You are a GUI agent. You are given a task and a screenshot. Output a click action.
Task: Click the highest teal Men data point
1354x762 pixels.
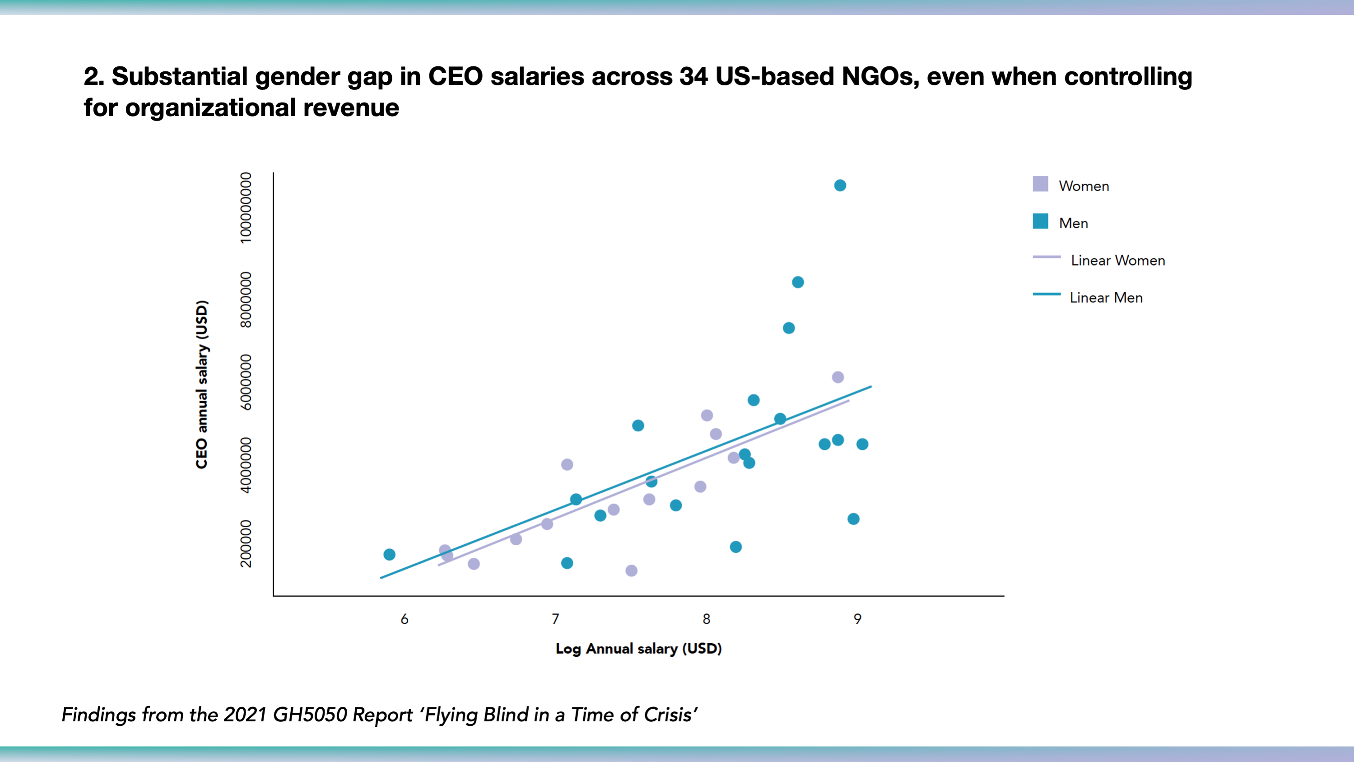click(x=840, y=186)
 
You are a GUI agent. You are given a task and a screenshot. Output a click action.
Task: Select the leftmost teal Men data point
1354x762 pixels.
click(x=390, y=554)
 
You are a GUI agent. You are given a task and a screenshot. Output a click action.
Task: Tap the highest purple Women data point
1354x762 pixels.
click(x=838, y=377)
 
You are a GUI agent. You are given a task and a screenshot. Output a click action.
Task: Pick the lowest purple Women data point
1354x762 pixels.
click(x=631, y=570)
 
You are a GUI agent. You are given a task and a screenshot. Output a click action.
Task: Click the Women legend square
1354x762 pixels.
click(x=1040, y=184)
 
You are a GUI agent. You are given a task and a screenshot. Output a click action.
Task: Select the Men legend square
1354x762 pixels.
click(x=1040, y=221)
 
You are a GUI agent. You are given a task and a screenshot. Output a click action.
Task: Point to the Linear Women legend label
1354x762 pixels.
click(x=1117, y=260)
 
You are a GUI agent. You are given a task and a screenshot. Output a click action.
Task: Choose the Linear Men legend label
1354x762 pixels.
click(x=1106, y=298)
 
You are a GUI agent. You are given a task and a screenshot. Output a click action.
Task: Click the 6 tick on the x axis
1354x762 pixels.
click(x=404, y=619)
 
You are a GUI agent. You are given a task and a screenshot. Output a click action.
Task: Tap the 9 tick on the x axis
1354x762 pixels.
click(x=857, y=619)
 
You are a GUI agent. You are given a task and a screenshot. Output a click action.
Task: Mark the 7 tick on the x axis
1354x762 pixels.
click(x=555, y=619)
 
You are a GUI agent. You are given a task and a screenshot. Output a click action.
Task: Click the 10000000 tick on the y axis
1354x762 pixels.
click(x=246, y=208)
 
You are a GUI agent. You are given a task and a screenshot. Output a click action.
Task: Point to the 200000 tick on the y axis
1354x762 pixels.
click(x=246, y=543)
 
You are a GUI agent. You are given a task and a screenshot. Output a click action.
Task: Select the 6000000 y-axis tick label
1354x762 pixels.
click(x=246, y=382)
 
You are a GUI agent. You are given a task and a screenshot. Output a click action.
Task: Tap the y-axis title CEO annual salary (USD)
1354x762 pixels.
click(x=202, y=384)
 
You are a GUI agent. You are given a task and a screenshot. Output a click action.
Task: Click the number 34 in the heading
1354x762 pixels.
click(x=693, y=76)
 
